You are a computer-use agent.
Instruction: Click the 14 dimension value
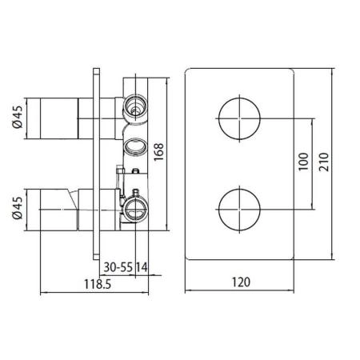point(142,265)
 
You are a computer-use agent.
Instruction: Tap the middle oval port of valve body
point(134,147)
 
